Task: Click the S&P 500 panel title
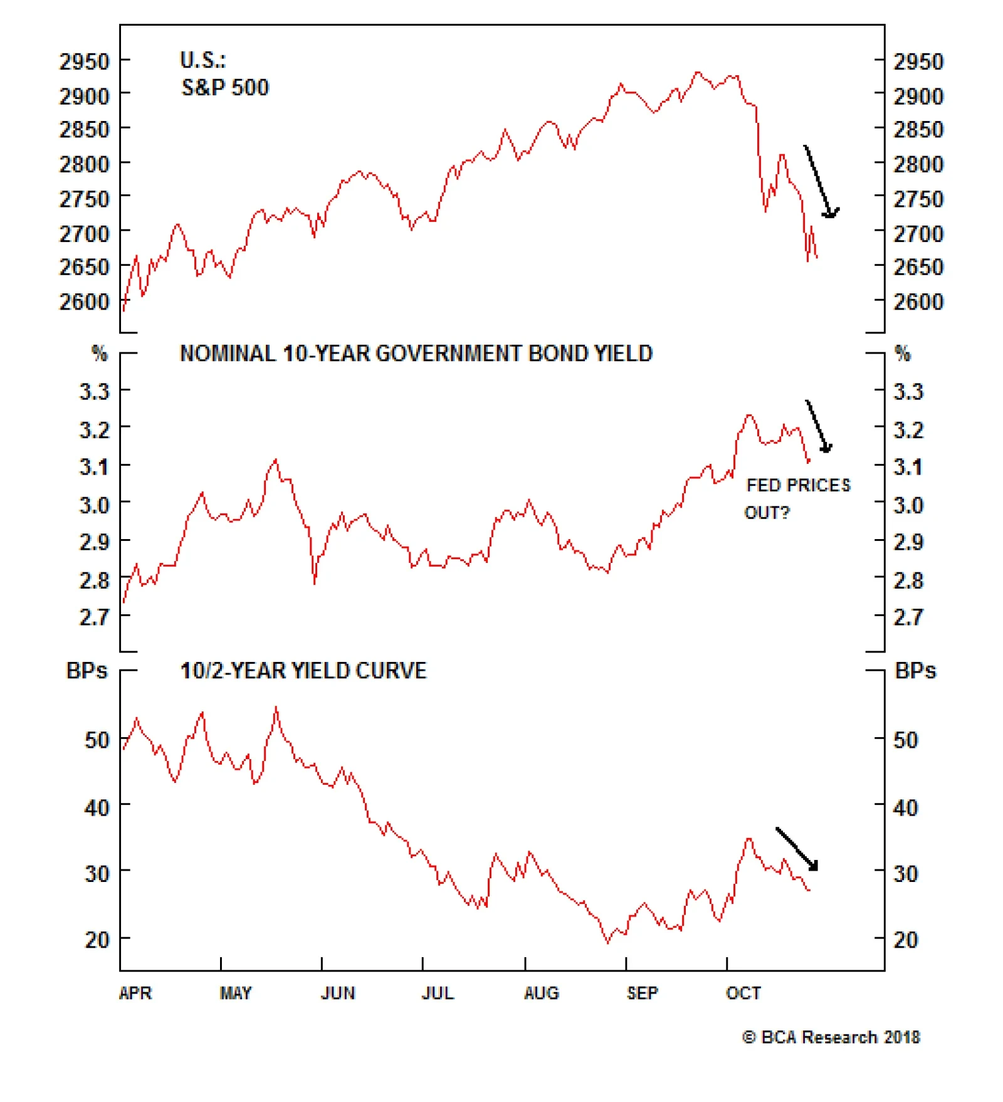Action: [224, 74]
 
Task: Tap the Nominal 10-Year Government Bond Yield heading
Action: [416, 354]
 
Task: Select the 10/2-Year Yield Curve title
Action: [303, 671]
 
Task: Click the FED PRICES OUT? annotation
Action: [797, 498]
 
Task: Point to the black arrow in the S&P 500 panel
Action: [821, 182]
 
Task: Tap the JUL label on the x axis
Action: [438, 993]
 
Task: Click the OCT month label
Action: [743, 993]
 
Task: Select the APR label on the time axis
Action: [135, 993]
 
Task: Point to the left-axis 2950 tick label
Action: [84, 61]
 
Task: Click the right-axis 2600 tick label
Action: [918, 302]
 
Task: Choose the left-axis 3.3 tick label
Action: [94, 391]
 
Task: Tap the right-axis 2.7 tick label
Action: [908, 617]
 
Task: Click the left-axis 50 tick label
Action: [97, 740]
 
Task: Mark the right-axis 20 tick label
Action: [906, 940]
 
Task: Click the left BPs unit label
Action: [87, 671]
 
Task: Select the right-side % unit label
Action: [902, 354]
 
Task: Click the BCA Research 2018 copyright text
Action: [831, 1037]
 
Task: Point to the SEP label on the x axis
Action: [642, 993]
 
